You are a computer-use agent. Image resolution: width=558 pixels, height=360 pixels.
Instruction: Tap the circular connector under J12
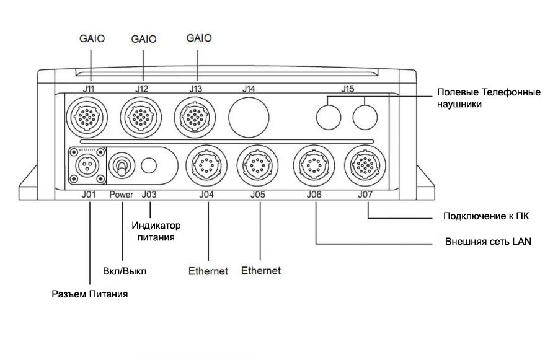pos(142,115)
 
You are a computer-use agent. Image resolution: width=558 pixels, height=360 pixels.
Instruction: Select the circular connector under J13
pos(195,115)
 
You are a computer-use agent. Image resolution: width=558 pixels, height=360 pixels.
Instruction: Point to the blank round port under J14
pos(250,115)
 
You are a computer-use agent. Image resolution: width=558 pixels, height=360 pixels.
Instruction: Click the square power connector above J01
pos(87,165)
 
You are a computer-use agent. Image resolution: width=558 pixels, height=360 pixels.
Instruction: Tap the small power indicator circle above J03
pos(149,165)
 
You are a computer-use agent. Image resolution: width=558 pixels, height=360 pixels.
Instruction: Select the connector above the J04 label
pos(206,165)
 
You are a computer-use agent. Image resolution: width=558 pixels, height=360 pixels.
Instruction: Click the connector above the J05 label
pos(259,165)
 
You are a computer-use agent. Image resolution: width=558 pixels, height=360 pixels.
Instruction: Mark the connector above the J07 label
pos(365,165)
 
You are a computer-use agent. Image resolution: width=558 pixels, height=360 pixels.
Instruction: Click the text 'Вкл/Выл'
pos(124,271)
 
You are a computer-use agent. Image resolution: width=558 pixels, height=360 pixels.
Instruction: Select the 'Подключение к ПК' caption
pos(485,216)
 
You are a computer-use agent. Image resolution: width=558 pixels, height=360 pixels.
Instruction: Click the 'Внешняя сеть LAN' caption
pos(487,242)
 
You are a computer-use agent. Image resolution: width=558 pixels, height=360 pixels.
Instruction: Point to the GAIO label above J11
pos(92,38)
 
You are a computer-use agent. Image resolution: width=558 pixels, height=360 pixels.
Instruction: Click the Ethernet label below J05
pos(260,271)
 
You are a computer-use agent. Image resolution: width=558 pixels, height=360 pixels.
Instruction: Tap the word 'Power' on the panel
pos(122,195)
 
